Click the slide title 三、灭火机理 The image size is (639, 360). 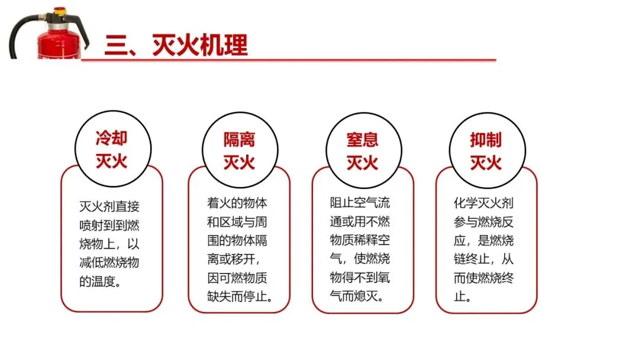click(176, 45)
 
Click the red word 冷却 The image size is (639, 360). click(111, 139)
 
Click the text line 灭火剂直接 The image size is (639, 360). click(109, 207)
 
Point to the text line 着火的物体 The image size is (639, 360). click(237, 203)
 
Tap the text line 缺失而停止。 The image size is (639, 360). click(240, 296)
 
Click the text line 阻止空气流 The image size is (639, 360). click(360, 203)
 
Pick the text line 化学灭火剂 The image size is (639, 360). click(483, 203)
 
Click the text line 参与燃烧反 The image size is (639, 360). click(483, 221)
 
